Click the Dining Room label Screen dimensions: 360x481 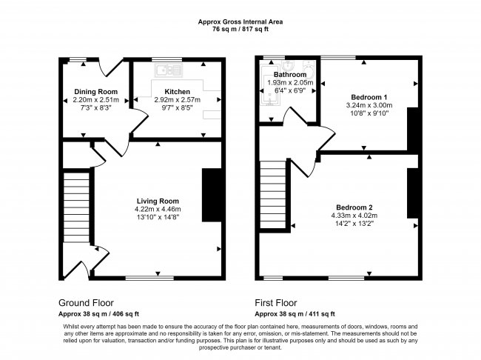96,92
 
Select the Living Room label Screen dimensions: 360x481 157,201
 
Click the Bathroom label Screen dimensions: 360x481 290,75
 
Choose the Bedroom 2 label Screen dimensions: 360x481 353,207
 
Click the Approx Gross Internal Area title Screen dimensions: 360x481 240,22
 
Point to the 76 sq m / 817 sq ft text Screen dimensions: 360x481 240,30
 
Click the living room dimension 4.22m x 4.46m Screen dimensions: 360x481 158,209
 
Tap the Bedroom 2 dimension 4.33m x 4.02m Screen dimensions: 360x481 353,215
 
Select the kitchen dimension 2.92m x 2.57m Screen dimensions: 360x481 177,99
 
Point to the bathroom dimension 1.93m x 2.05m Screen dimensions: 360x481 290,83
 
